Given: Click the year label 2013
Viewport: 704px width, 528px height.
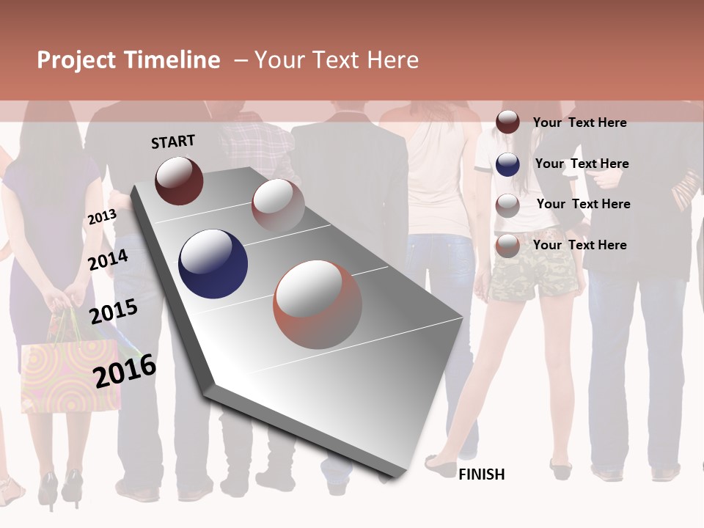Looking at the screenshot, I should click(102, 217).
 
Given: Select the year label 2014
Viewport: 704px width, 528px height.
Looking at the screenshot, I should click(109, 260).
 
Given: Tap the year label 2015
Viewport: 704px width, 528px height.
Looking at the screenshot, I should click(114, 312).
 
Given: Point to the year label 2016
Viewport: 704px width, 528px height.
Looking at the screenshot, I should click(125, 370).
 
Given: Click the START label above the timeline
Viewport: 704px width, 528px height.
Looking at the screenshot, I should click(173, 142).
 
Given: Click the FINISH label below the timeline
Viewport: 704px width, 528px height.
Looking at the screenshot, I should click(482, 474).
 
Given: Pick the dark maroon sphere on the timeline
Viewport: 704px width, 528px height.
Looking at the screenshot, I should click(179, 180).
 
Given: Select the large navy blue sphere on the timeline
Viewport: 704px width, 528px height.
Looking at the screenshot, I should click(213, 264).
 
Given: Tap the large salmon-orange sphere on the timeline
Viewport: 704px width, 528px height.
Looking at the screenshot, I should click(318, 304).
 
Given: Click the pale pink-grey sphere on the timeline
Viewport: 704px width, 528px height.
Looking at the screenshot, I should click(278, 205).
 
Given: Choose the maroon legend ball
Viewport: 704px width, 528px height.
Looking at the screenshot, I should click(507, 122).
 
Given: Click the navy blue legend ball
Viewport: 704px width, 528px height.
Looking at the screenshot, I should click(507, 164).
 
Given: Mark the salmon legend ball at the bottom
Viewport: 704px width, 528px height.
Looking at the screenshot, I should click(507, 246).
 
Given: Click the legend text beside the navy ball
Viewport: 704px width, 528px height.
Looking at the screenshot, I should click(582, 164).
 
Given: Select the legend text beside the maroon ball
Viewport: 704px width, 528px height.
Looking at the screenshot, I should click(579, 122).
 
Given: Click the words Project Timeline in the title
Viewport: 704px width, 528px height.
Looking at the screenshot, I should click(128, 60).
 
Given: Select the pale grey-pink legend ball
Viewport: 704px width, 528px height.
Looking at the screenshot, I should click(507, 205).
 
